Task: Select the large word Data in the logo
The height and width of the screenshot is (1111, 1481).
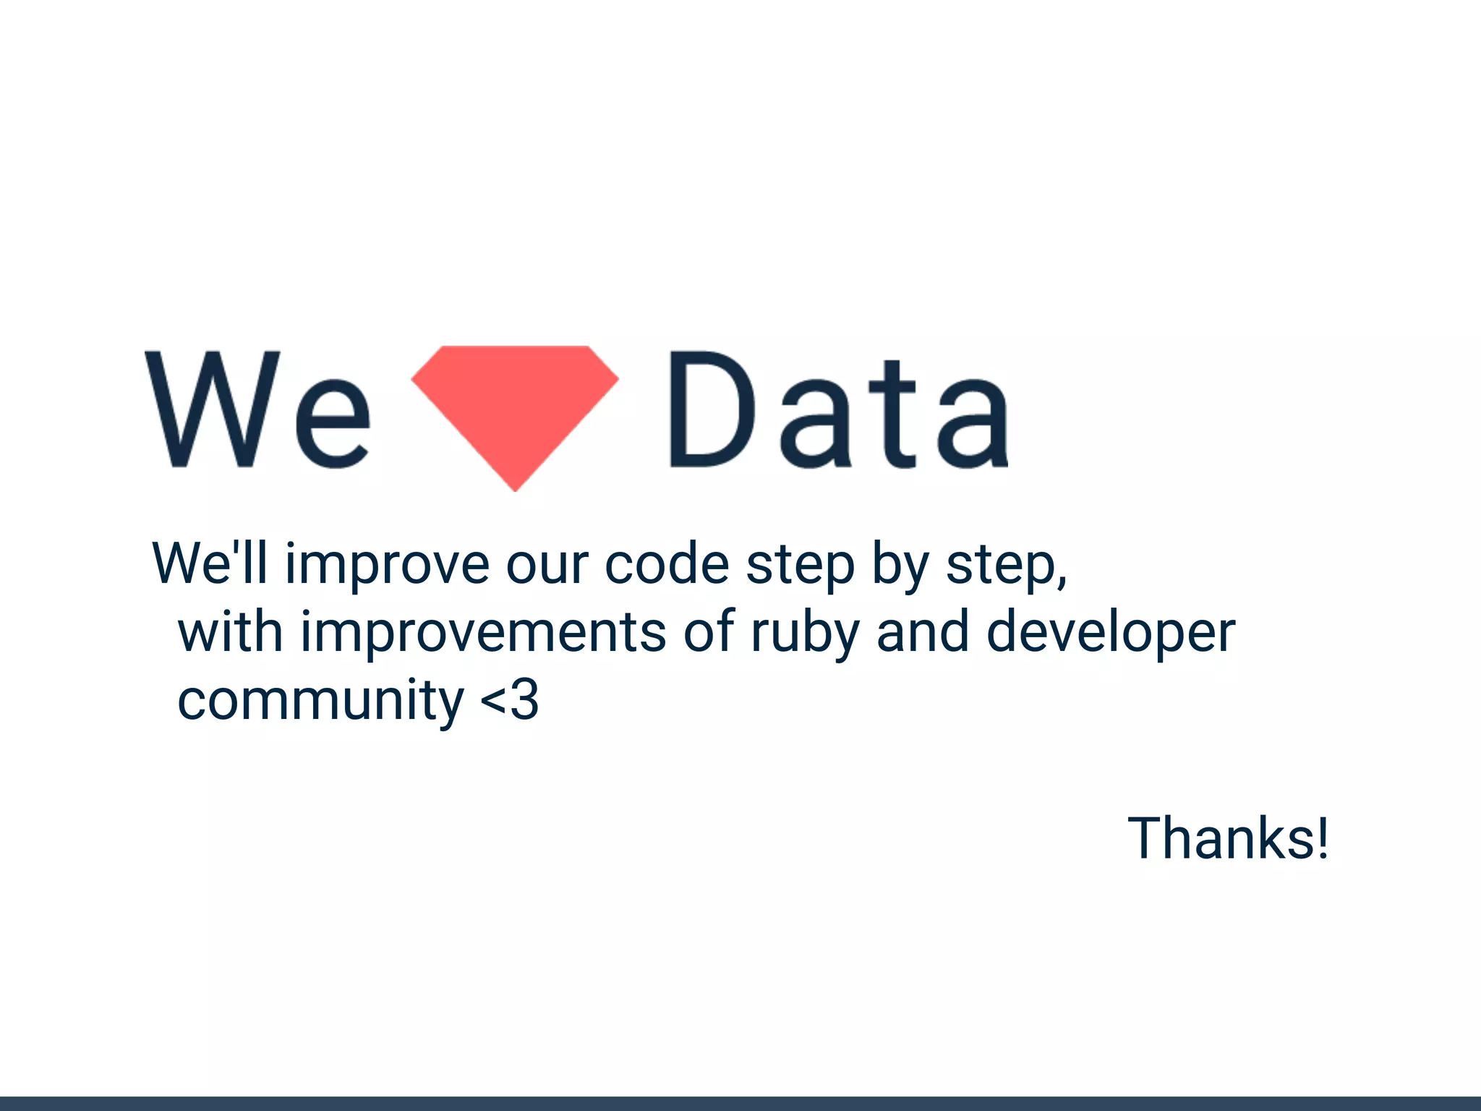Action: pos(838,410)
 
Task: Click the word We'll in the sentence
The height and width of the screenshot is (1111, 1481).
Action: pos(210,563)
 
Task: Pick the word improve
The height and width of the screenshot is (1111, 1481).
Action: pos(387,566)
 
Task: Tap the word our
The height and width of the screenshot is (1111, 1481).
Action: pos(547,566)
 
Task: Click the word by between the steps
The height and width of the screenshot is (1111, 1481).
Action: pos(900,566)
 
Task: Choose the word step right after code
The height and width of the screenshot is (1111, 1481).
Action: pos(801,566)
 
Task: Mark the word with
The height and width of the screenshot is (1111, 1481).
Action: pos(230,632)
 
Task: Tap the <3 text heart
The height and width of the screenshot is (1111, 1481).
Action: pos(510,700)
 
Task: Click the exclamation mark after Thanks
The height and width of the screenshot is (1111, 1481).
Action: pos(1323,838)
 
